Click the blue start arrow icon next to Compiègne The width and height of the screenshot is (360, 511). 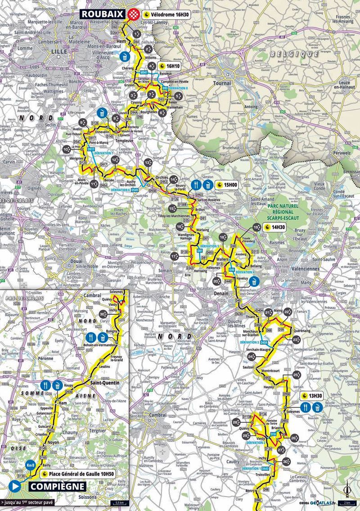pos(14,486)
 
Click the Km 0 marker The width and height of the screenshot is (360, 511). pos(30,465)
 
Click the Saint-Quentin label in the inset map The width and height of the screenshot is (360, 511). pos(105,383)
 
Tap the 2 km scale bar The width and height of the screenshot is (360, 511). pos(347,502)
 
